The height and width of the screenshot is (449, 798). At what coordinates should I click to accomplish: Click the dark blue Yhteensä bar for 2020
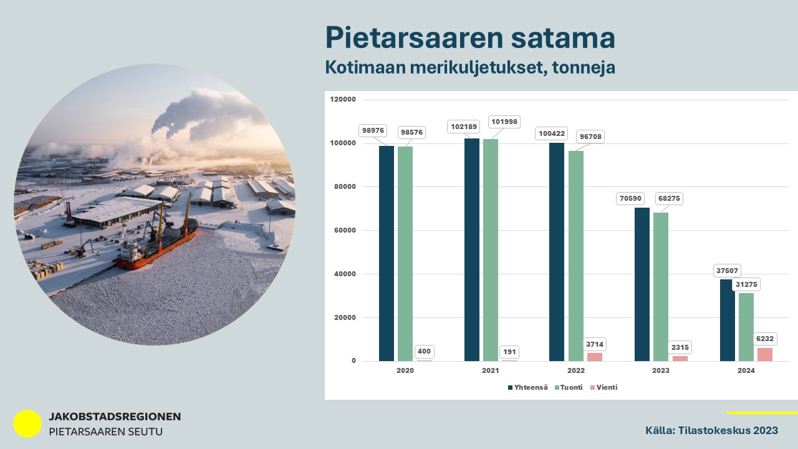[x=387, y=253]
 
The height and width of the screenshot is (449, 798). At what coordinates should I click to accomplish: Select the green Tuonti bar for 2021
[x=491, y=250]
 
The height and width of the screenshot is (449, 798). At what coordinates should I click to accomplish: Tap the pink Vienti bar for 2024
[x=765, y=355]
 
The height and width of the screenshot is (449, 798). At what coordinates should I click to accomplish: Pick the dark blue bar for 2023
[x=642, y=284]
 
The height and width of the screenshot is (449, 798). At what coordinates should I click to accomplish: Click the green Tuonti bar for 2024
[x=746, y=327]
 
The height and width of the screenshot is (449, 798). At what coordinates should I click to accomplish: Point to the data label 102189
[x=463, y=127]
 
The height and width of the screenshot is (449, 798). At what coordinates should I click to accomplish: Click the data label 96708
[x=590, y=137]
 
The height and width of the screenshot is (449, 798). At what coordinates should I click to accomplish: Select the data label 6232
[x=765, y=339]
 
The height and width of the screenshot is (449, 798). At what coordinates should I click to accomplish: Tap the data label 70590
[x=630, y=198]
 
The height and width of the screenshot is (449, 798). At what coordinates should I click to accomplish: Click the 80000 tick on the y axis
[x=345, y=186]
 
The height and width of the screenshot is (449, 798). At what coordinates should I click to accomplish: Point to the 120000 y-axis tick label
[x=343, y=99]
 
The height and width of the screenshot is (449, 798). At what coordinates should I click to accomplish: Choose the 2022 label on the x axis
[x=575, y=370]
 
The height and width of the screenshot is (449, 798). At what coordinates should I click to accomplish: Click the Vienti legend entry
[x=604, y=387]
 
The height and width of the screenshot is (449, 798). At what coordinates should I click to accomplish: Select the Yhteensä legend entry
[x=528, y=387]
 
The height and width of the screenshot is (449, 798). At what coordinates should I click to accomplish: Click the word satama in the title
[x=563, y=37]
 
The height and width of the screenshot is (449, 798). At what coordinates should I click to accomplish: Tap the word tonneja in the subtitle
[x=584, y=67]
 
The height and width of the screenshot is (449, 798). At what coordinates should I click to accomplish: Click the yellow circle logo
[x=27, y=423]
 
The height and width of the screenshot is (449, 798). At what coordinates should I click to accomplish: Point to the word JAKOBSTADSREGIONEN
[x=115, y=417]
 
